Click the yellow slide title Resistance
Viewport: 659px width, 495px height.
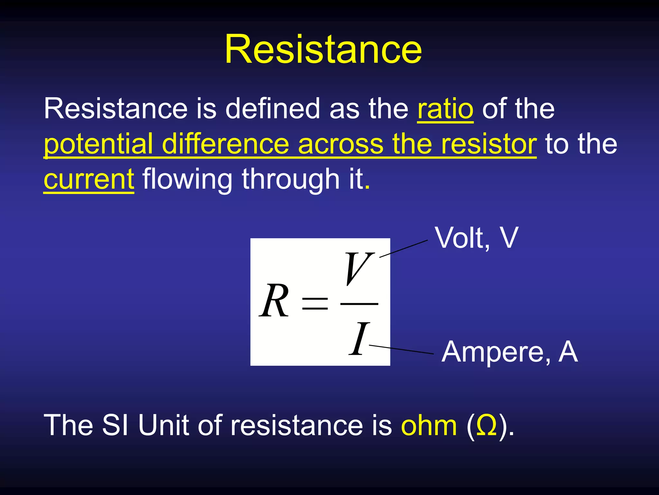(323, 50)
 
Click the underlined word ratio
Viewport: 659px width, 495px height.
(445, 109)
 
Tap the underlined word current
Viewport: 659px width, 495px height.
(89, 179)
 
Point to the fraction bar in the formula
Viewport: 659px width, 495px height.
(359, 304)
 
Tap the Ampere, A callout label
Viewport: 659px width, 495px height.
(509, 352)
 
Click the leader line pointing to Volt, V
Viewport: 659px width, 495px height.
(404, 248)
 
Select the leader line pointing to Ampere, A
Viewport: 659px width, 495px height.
(402, 350)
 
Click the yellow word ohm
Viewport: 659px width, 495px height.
(429, 425)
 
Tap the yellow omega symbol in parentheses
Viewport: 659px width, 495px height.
(487, 425)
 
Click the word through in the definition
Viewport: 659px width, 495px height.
(291, 179)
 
